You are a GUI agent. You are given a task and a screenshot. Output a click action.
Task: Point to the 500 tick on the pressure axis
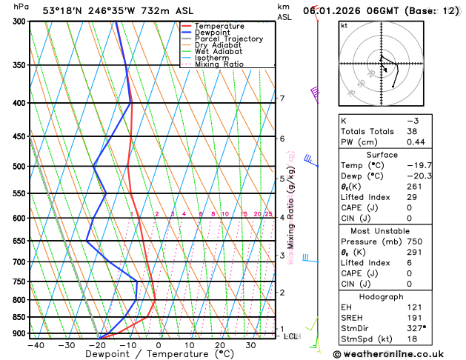(x=18, y=167)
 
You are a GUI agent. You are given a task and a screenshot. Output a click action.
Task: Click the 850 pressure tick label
(x=18, y=317)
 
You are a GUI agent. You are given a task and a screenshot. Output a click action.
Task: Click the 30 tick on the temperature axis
(x=251, y=345)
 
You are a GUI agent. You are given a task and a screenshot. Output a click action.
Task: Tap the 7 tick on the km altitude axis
(x=282, y=99)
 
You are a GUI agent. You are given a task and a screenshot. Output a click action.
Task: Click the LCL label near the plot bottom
(x=290, y=336)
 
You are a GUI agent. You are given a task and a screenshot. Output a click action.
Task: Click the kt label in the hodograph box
(x=344, y=25)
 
